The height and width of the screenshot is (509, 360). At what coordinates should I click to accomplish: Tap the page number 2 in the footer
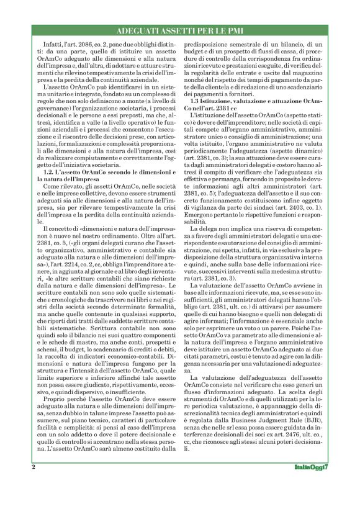[x=33, y=483]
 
